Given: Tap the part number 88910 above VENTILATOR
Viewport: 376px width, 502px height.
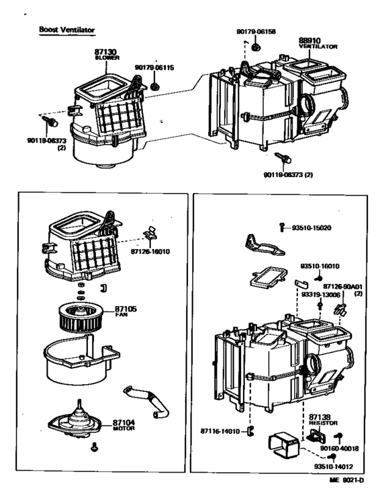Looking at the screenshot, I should (x=310, y=40).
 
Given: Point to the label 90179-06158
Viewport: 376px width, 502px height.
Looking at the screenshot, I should (x=256, y=31).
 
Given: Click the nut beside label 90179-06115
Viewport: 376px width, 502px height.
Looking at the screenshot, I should (x=155, y=86).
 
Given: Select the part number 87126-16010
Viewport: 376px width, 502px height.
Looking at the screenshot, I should (x=150, y=252).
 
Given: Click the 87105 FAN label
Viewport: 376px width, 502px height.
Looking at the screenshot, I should (x=125, y=310).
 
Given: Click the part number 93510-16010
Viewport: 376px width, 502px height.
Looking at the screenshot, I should (x=320, y=266).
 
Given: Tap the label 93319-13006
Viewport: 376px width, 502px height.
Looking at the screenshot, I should (x=320, y=293).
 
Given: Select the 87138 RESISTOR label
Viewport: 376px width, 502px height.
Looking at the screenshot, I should (x=322, y=421).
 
